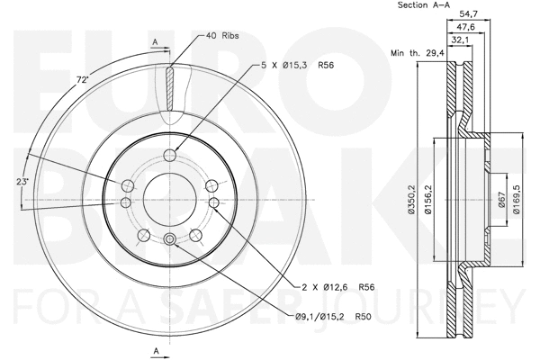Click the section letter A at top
click(x=156, y=42)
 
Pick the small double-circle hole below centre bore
click(x=168, y=238)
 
